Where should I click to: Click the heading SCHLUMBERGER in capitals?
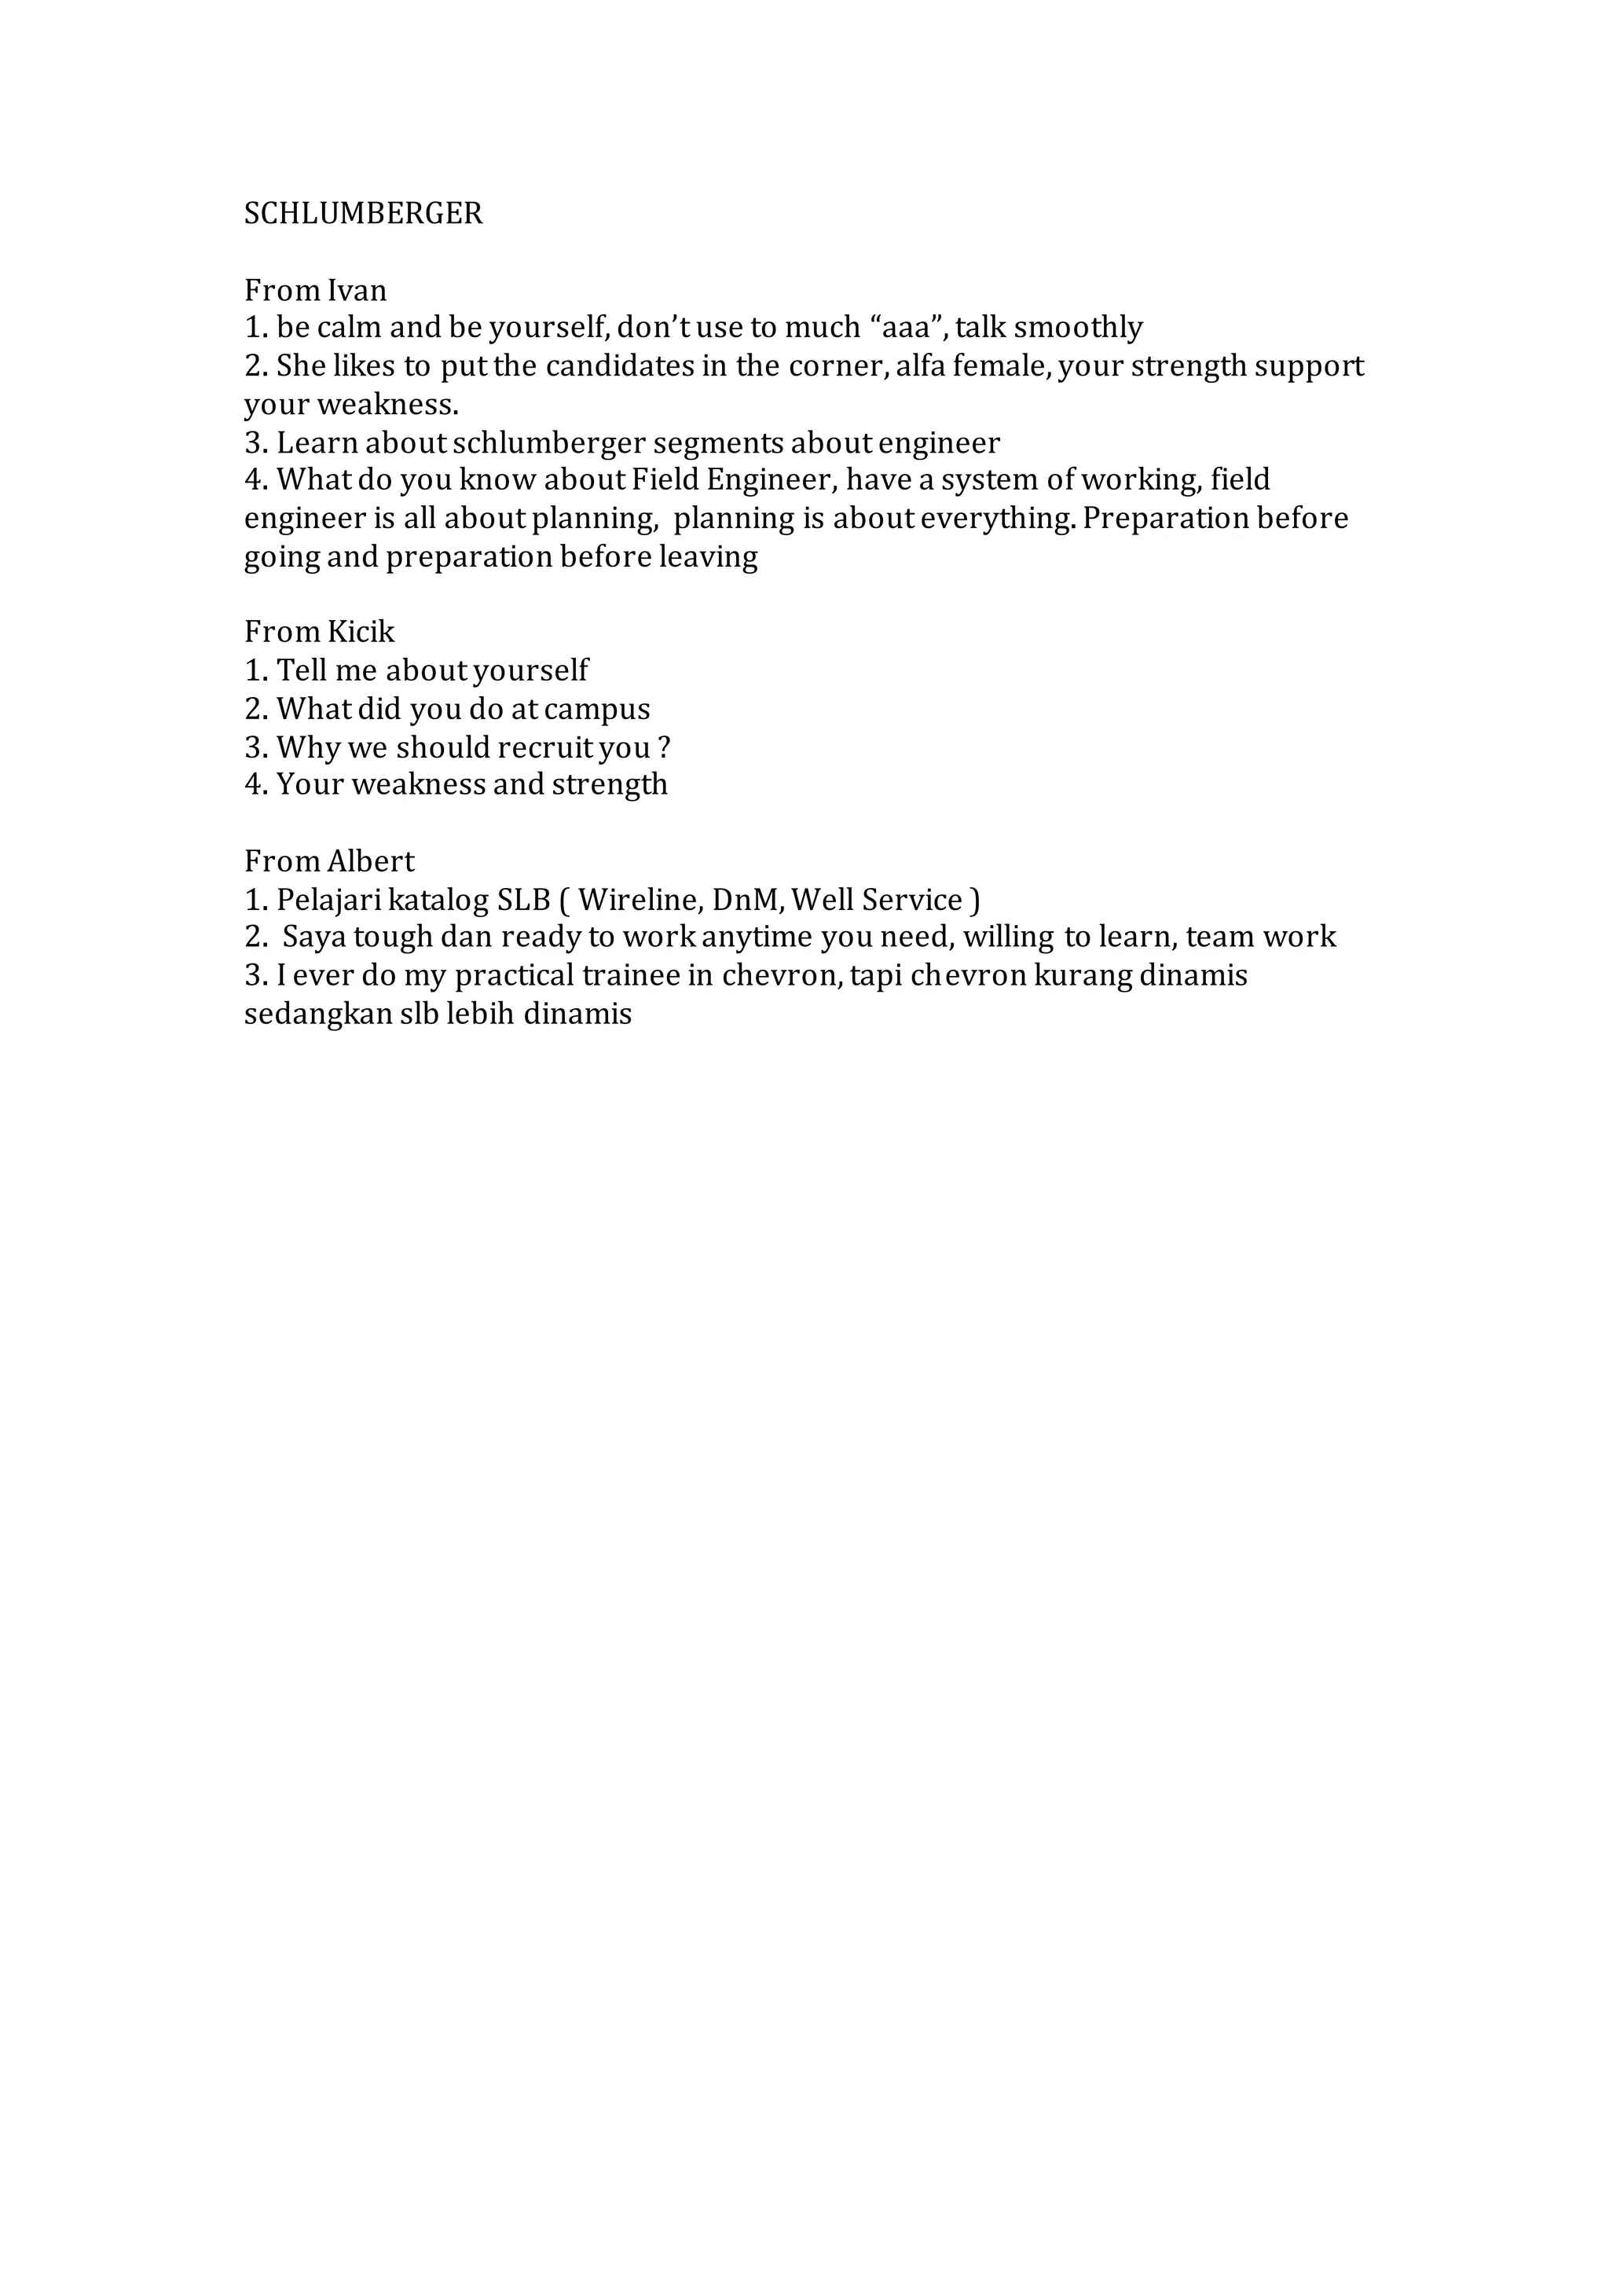point(363,214)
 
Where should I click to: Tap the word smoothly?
point(1078,328)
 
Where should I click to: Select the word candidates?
point(619,366)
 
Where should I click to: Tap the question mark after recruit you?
point(664,747)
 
